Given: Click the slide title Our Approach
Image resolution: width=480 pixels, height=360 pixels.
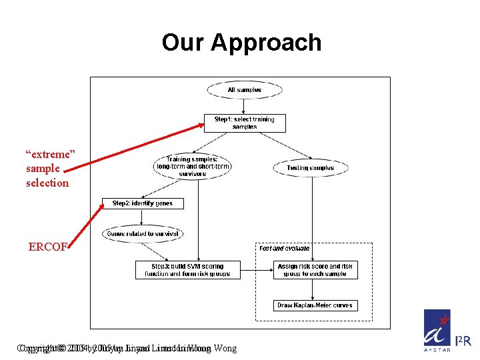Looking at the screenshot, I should click(x=241, y=43).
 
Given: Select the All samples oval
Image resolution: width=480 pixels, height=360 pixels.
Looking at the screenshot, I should click(x=245, y=90).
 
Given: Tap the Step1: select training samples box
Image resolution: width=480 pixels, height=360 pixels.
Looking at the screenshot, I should click(x=245, y=123).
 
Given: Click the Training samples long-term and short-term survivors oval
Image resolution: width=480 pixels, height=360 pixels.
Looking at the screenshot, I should click(x=193, y=167).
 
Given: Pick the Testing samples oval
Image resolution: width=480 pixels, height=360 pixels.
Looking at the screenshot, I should click(x=310, y=168).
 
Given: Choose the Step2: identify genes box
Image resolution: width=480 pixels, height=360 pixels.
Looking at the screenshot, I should click(x=143, y=203).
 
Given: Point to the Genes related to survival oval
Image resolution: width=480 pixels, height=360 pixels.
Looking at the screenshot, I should click(x=143, y=234).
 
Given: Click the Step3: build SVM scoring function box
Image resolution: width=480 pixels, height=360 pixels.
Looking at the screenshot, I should click(x=188, y=270).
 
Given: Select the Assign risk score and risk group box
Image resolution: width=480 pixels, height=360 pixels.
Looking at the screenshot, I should click(x=315, y=270).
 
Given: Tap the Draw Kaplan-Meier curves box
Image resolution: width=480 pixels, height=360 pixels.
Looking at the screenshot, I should click(x=315, y=306).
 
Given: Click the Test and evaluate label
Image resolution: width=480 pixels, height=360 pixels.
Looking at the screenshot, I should click(x=285, y=249).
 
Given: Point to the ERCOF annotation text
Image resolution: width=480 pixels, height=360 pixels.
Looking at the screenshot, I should click(x=47, y=247).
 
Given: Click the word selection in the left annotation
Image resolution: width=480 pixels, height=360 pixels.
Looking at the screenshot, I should click(x=47, y=183).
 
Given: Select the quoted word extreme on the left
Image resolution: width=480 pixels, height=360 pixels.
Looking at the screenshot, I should click(x=51, y=154).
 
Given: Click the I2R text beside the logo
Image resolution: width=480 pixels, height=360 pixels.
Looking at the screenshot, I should click(x=463, y=341).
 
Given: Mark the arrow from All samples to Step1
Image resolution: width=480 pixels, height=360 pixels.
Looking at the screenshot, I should click(x=245, y=106).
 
